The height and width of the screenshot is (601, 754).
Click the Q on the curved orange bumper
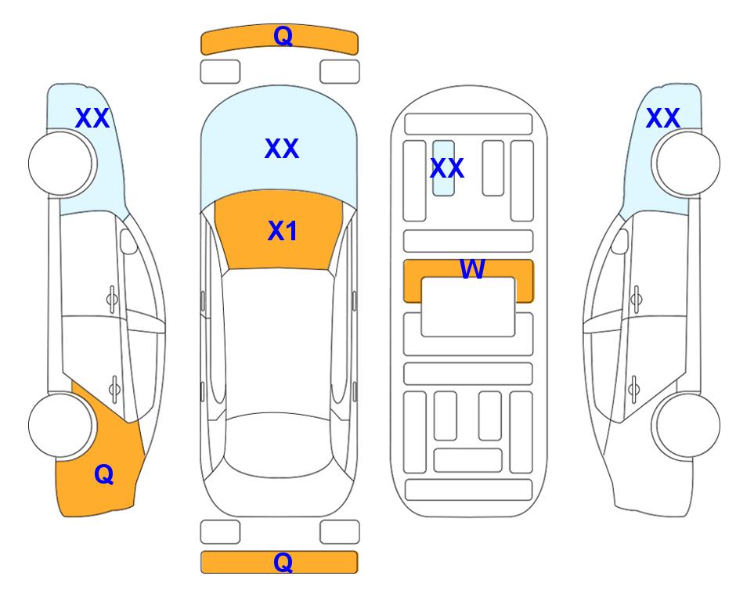[x=283, y=35]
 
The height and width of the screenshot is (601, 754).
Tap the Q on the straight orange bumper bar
[x=283, y=562]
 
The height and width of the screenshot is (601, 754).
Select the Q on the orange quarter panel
[x=104, y=474]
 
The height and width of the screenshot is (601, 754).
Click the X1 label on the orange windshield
[x=283, y=231]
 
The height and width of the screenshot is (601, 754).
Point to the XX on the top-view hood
[x=282, y=149]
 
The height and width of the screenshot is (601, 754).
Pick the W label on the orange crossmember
[x=472, y=268]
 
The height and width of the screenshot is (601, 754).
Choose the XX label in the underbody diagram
[x=447, y=168]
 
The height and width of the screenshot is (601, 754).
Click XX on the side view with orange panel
[x=92, y=118]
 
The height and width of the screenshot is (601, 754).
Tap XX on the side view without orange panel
[x=662, y=118]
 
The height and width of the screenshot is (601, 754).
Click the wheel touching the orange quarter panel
[x=61, y=425]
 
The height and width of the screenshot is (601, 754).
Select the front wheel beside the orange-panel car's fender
[x=61, y=164]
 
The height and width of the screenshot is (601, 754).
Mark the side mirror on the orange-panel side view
[x=128, y=241]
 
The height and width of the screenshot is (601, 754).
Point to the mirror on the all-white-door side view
[x=620, y=241]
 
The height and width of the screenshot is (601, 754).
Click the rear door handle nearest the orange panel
[x=114, y=388]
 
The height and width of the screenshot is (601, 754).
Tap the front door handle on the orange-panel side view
[x=112, y=299]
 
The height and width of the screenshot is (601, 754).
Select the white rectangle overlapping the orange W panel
[x=468, y=307]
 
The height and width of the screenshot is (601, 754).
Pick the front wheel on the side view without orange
[x=687, y=164]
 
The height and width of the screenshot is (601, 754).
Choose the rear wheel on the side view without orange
[x=687, y=425]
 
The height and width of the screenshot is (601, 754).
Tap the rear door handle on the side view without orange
[x=634, y=388]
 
